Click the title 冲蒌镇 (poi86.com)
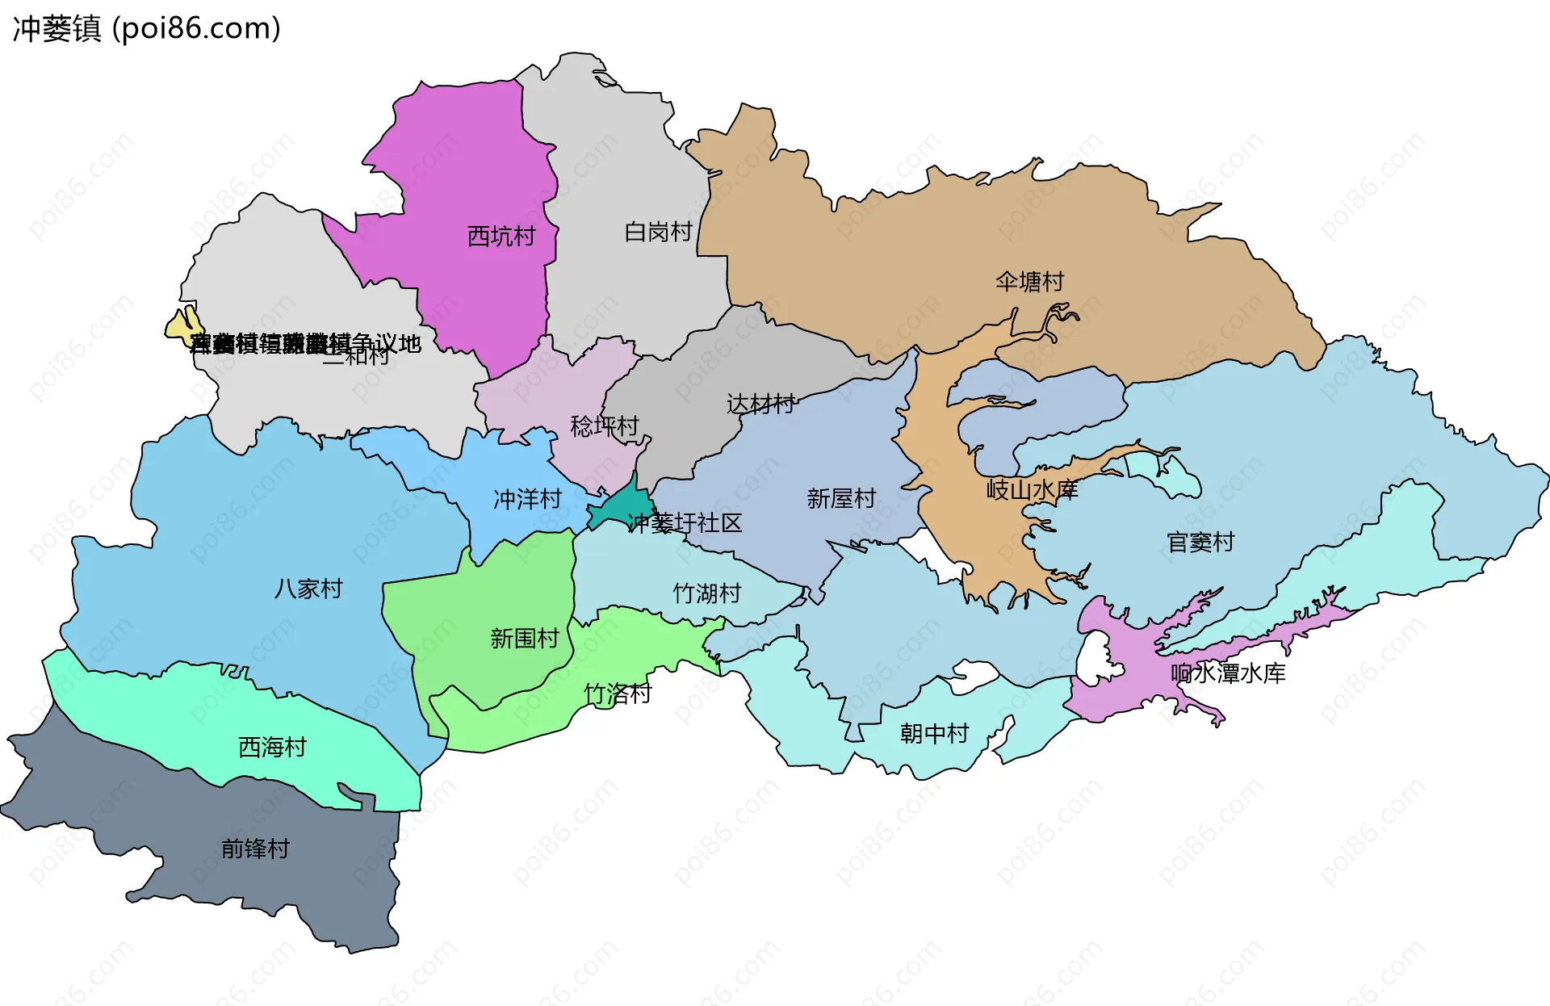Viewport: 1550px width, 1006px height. click(146, 28)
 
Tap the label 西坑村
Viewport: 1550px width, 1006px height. click(501, 237)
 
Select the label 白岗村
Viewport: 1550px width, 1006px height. click(658, 233)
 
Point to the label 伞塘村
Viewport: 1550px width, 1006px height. click(1029, 282)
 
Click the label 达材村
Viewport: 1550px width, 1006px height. click(760, 404)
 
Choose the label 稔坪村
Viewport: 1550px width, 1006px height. click(604, 425)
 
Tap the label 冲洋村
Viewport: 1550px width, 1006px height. click(527, 500)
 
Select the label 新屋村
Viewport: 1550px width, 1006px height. click(841, 499)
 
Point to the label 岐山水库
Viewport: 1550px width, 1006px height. click(1032, 489)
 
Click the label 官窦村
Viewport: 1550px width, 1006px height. click(1200, 542)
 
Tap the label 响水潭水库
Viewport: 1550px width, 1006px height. click(1228, 673)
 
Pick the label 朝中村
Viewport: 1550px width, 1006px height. click(934, 734)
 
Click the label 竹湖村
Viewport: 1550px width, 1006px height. click(707, 593)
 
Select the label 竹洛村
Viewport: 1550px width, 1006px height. click(618, 694)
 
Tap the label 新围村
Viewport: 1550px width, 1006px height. click(525, 639)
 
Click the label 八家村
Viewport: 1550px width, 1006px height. click(308, 589)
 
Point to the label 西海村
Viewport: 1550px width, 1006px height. click(272, 748)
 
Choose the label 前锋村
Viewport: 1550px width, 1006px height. click(255, 849)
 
